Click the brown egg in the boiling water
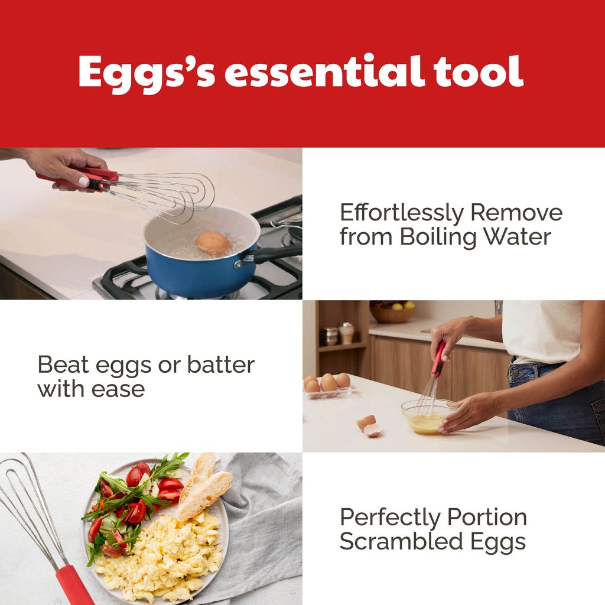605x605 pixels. point(213,243)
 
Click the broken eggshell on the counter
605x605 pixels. point(369,425)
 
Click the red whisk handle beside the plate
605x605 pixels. point(74,584)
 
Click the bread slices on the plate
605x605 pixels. point(204,487)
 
